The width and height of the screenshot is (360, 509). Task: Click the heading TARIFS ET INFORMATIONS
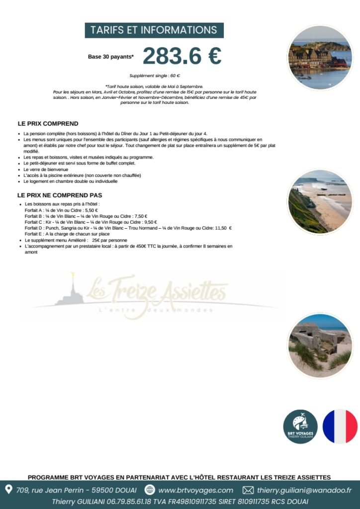(x=154, y=30)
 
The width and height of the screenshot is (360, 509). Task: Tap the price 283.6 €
(x=182, y=56)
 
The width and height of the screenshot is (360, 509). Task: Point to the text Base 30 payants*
(x=111, y=57)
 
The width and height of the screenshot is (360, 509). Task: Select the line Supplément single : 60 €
(x=154, y=75)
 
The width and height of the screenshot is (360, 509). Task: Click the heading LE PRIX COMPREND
(x=48, y=124)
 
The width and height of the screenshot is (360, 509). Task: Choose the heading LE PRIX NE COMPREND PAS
(x=60, y=195)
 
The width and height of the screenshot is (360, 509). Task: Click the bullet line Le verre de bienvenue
(x=46, y=169)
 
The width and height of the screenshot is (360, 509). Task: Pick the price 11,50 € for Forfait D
(x=223, y=228)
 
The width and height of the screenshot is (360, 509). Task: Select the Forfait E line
(x=67, y=234)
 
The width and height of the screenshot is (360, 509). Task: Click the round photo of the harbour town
(x=320, y=58)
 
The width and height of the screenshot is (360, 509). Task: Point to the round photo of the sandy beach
(x=320, y=202)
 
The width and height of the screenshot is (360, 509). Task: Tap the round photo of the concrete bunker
(x=320, y=345)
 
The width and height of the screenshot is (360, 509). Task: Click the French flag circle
(x=340, y=426)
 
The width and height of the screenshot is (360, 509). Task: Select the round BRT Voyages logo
(x=300, y=426)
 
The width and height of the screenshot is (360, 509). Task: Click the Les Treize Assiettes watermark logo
(x=154, y=295)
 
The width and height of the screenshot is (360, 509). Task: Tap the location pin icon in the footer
(x=8, y=490)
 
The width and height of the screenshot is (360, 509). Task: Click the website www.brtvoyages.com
(x=195, y=490)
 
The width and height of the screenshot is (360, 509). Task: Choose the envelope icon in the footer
(x=248, y=490)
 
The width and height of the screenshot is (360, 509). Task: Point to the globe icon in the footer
(x=150, y=490)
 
